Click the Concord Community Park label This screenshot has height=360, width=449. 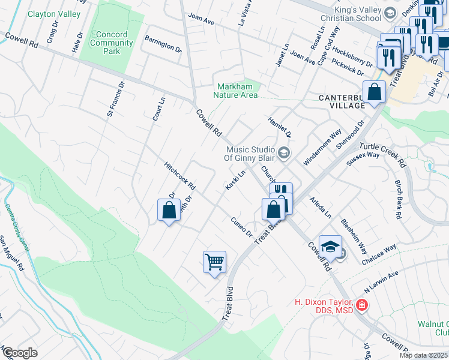111,43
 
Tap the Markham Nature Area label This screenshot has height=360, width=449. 237,91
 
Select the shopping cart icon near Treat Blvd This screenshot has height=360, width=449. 214,262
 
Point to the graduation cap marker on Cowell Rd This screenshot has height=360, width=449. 330,247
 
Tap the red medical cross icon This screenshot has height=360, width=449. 361,305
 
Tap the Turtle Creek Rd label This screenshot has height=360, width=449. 383,155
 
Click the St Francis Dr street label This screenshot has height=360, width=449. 115,100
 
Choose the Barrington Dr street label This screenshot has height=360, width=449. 163,43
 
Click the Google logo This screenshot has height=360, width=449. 19,353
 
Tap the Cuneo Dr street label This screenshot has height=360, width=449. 241,226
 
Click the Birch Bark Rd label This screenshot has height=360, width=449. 397,198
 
